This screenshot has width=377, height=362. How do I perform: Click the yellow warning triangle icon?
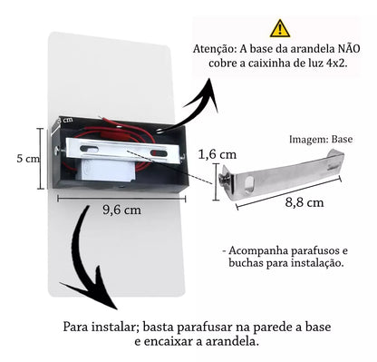click(281, 28)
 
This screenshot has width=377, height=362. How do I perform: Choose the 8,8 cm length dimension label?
click(303, 202)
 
